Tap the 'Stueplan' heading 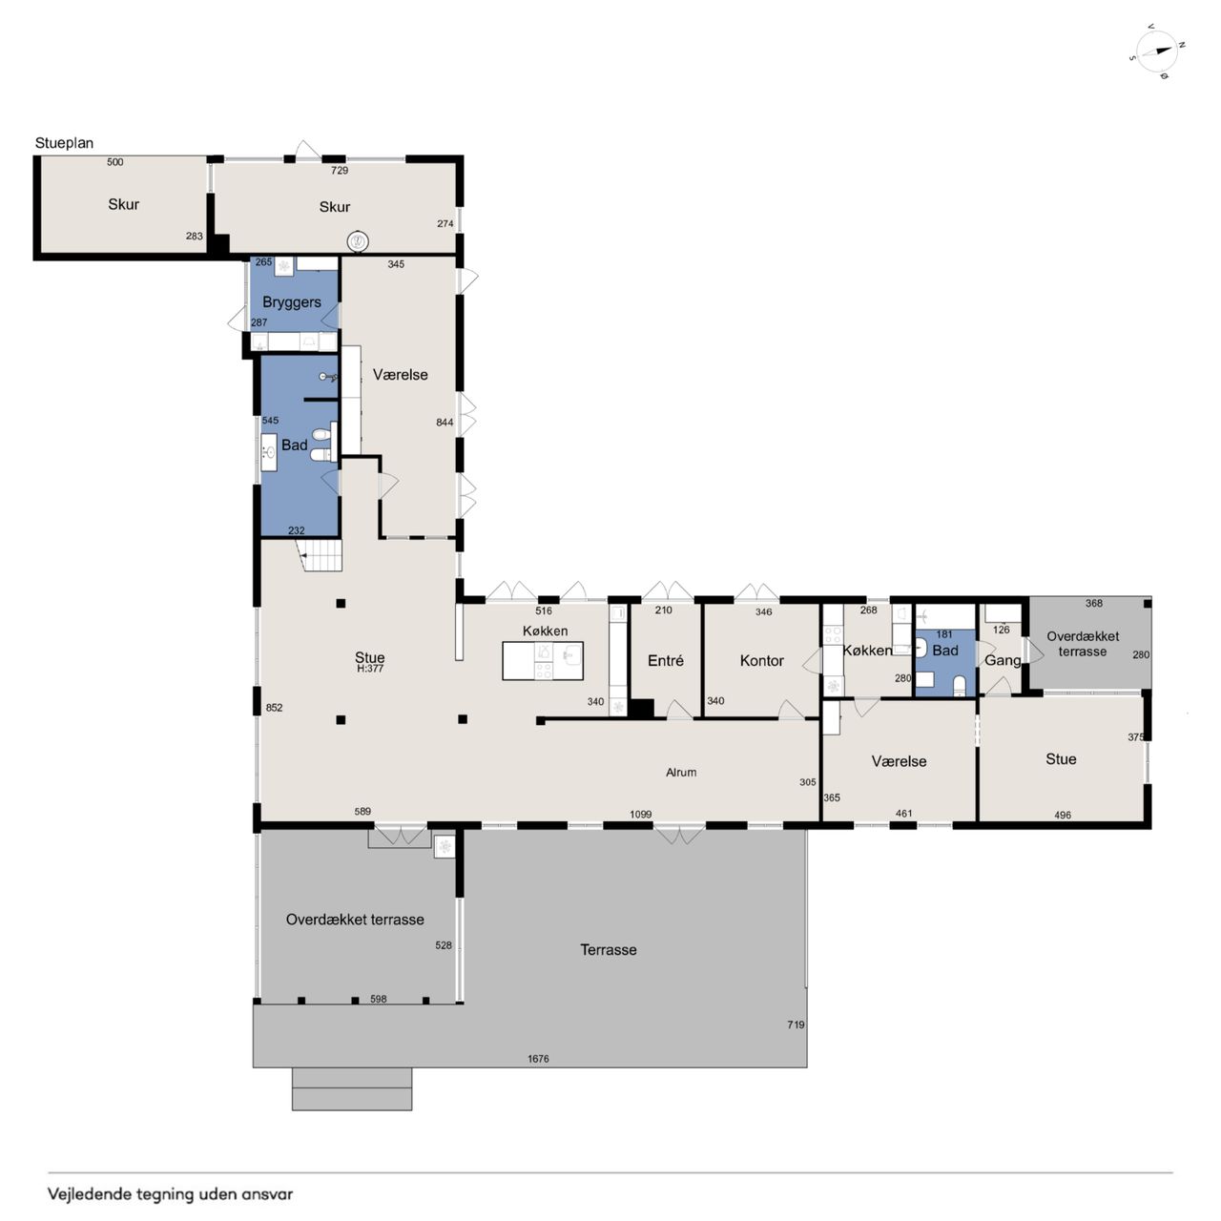click(x=64, y=143)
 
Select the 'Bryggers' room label click(x=292, y=302)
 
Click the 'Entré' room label click(x=665, y=661)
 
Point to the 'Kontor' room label click(x=761, y=661)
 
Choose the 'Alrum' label click(x=681, y=773)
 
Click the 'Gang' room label click(x=1003, y=661)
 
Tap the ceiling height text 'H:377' click(x=370, y=669)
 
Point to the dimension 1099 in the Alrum click(x=641, y=815)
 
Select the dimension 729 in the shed click(x=340, y=171)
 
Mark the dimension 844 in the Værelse click(x=445, y=423)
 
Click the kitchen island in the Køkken click(x=543, y=661)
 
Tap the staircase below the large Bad click(x=322, y=555)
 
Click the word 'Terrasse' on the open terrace click(x=609, y=950)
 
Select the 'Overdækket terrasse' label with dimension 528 click(x=355, y=920)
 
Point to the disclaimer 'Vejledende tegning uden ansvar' click(x=171, y=1194)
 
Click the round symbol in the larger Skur click(x=358, y=241)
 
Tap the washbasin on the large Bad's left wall click(x=269, y=452)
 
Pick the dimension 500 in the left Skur click(x=114, y=162)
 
